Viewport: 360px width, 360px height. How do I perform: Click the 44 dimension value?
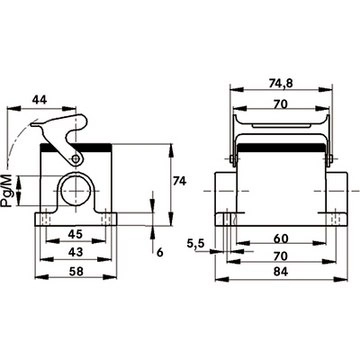pyautogui.click(x=39, y=99)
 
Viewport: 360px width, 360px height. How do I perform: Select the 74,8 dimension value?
pyautogui.click(x=280, y=84)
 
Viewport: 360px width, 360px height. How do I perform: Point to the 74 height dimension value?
pyautogui.click(x=179, y=181)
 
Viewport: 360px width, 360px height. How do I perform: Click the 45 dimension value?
pyautogui.click(x=75, y=234)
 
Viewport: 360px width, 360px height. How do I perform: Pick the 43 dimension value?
pyautogui.click(x=75, y=252)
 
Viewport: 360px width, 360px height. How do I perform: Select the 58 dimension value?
pyautogui.click(x=75, y=271)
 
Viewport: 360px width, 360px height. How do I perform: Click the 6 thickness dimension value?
pyautogui.click(x=160, y=253)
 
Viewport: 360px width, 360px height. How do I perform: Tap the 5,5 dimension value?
pyautogui.click(x=195, y=244)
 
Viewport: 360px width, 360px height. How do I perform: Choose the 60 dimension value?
pyautogui.click(x=281, y=238)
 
